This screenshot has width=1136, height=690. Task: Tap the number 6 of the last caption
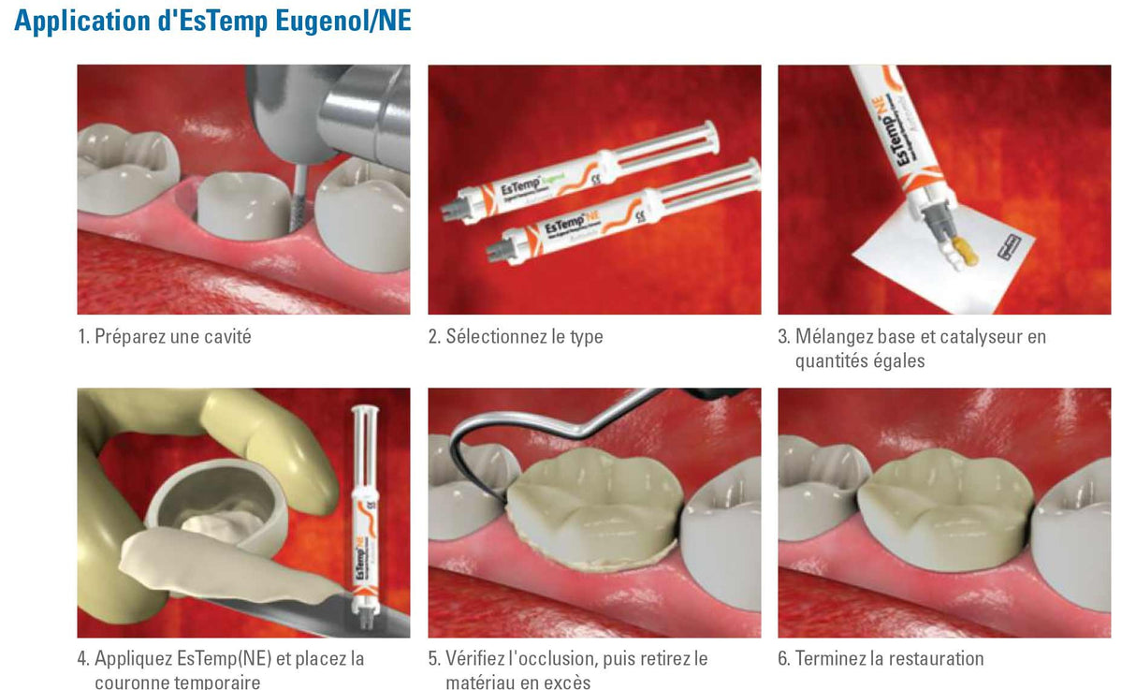(782, 659)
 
